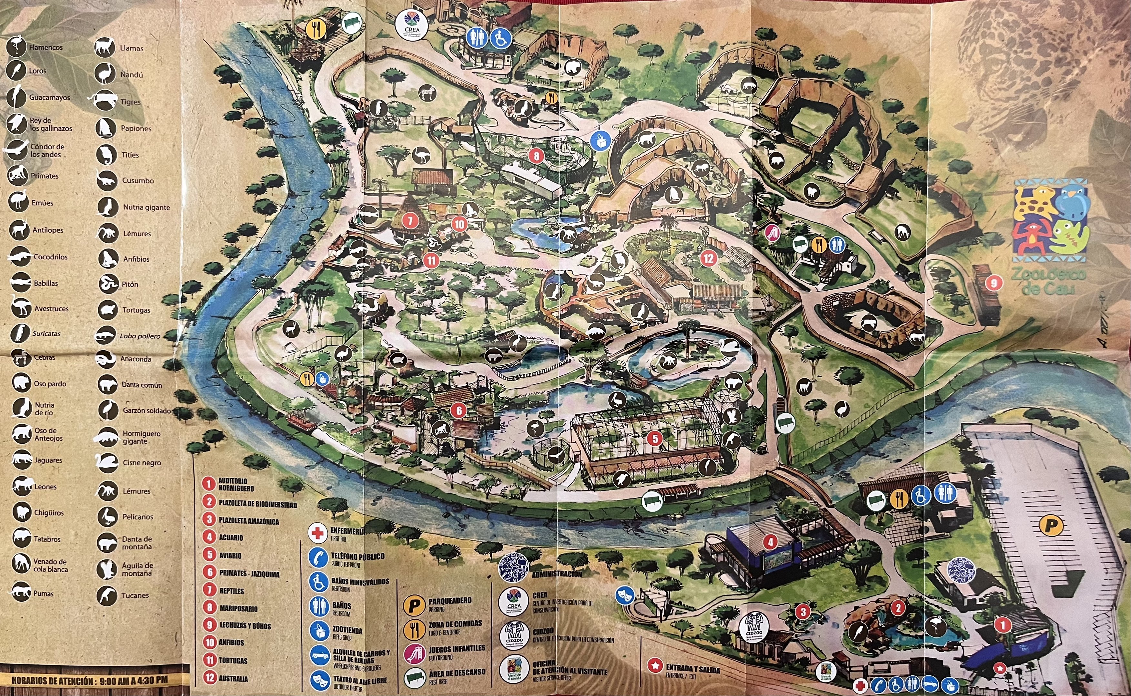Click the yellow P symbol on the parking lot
(x=1050, y=525)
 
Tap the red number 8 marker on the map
(x=536, y=156)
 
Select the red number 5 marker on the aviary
(x=655, y=438)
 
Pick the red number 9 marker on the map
(x=993, y=283)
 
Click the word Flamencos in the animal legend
(x=45, y=47)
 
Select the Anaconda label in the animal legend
(x=135, y=359)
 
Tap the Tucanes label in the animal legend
(x=135, y=595)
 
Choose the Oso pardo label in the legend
(x=50, y=383)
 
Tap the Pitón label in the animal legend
(x=130, y=284)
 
